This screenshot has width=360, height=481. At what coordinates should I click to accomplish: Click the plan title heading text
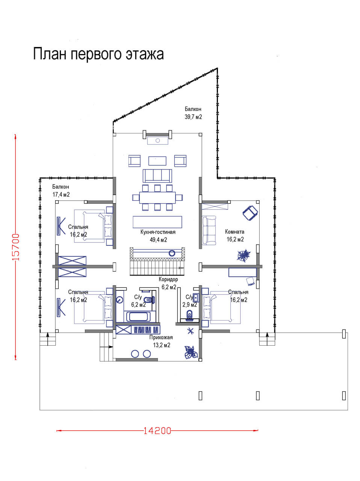pos(98,54)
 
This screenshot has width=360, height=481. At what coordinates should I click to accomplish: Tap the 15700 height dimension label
pos(16,247)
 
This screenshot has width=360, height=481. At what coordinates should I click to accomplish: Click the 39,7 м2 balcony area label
pos(193,117)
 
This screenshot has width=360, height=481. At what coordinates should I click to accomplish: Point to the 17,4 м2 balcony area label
pos(61,194)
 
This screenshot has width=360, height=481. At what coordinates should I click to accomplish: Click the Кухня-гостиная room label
pos(158,232)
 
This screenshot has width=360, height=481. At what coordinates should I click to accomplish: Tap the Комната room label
pos(234,231)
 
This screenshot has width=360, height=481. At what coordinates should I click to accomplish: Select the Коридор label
pos(168,279)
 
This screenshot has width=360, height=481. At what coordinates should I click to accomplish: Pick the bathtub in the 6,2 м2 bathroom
pos(139,317)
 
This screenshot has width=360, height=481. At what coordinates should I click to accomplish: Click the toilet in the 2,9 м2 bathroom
pos(189,315)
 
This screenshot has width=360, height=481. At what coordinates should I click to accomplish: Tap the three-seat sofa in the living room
pos(157,175)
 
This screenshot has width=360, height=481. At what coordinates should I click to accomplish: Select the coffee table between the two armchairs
pos(157,160)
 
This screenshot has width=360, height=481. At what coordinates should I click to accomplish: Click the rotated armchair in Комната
pos(250,213)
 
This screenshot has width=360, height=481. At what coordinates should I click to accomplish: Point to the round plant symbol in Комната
pos(244,255)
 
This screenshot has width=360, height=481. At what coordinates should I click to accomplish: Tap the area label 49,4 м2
pos(159,240)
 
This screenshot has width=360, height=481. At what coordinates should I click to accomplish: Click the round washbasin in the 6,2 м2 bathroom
pos(119,300)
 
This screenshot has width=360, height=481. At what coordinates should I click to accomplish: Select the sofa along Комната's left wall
pos(209,230)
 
